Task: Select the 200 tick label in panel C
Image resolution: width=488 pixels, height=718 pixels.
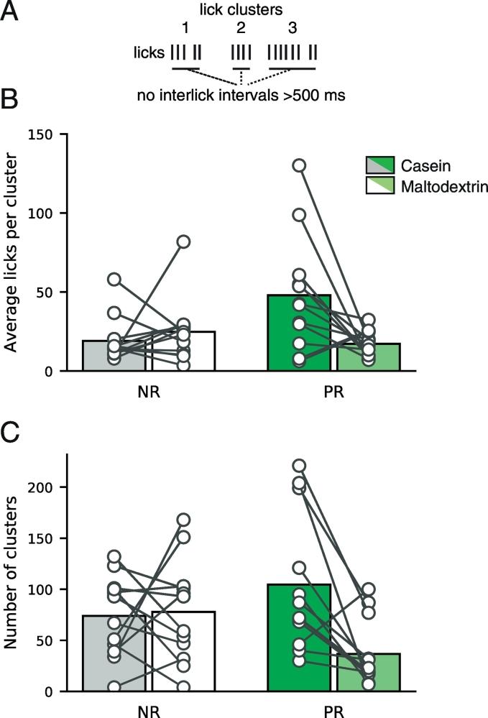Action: (x=41, y=487)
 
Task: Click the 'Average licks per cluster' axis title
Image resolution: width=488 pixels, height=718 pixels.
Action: (x=11, y=252)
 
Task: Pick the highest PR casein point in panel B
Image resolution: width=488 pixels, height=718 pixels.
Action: (x=299, y=165)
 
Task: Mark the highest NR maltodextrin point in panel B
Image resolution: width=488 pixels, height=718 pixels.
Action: (x=184, y=241)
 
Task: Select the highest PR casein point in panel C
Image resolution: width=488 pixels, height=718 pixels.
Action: (x=299, y=466)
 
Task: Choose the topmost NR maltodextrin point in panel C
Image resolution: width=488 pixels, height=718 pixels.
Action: (x=184, y=520)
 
